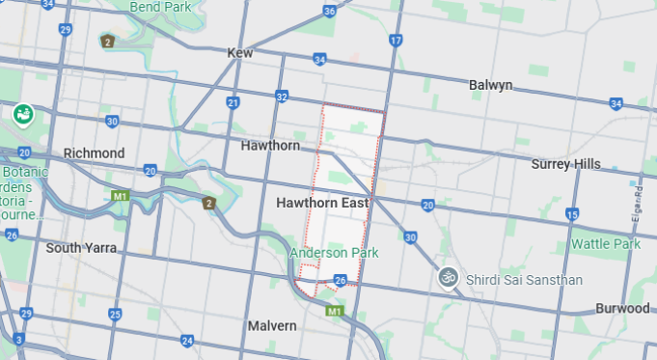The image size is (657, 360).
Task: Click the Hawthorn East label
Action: [x=322, y=204]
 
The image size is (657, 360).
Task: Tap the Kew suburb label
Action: [x=239, y=53]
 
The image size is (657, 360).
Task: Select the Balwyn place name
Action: [x=490, y=85]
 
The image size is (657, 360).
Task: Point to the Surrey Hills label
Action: [x=565, y=164]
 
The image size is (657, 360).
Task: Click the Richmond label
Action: [x=94, y=153]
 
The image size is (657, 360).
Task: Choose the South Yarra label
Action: [x=81, y=248]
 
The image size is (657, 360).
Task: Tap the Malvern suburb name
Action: [x=271, y=326]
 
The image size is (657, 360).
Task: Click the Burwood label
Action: [x=622, y=309]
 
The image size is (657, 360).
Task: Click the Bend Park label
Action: [x=159, y=7]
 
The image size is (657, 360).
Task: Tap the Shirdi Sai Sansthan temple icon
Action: [x=447, y=277]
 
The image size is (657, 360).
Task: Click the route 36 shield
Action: [x=330, y=12]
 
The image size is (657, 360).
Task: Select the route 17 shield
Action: [x=396, y=41]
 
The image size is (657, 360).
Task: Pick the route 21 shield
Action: [x=233, y=102]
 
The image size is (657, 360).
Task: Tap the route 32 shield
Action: [x=281, y=97]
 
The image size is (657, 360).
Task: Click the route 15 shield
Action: [x=572, y=214]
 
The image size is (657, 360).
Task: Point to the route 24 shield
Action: [x=187, y=341]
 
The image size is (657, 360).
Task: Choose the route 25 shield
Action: [x=115, y=315]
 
